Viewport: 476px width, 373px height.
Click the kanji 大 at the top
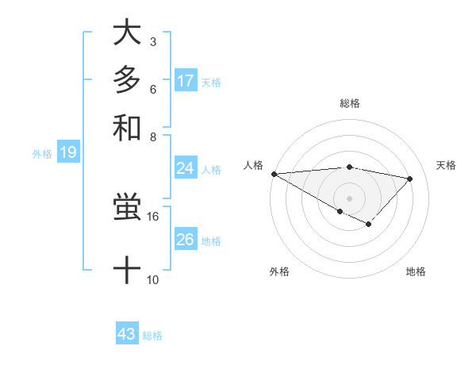pyautogui.click(x=127, y=34)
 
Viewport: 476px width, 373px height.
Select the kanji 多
pyautogui.click(x=127, y=80)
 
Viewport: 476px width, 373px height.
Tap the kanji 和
pyautogui.click(x=127, y=126)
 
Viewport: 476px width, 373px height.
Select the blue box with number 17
pyautogui.click(x=185, y=81)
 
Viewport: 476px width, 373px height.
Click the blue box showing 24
pyautogui.click(x=185, y=168)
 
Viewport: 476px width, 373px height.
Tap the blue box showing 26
pyautogui.click(x=185, y=240)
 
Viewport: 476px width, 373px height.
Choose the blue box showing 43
pyautogui.click(x=127, y=334)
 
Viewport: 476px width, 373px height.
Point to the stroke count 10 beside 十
pyautogui.click(x=153, y=279)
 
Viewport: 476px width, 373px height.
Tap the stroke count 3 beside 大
pyautogui.click(x=152, y=41)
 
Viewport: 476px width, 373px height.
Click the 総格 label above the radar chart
pyautogui.click(x=349, y=103)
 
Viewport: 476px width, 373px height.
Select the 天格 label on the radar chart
pyautogui.click(x=446, y=165)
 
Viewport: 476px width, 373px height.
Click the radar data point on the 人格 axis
pyautogui.click(x=274, y=174)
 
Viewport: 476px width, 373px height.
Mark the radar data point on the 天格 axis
pyautogui.click(x=410, y=179)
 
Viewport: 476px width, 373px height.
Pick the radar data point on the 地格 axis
pyautogui.click(x=368, y=225)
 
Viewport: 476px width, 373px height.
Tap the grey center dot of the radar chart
pyautogui.click(x=349, y=198)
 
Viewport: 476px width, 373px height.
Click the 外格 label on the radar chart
pyautogui.click(x=279, y=271)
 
